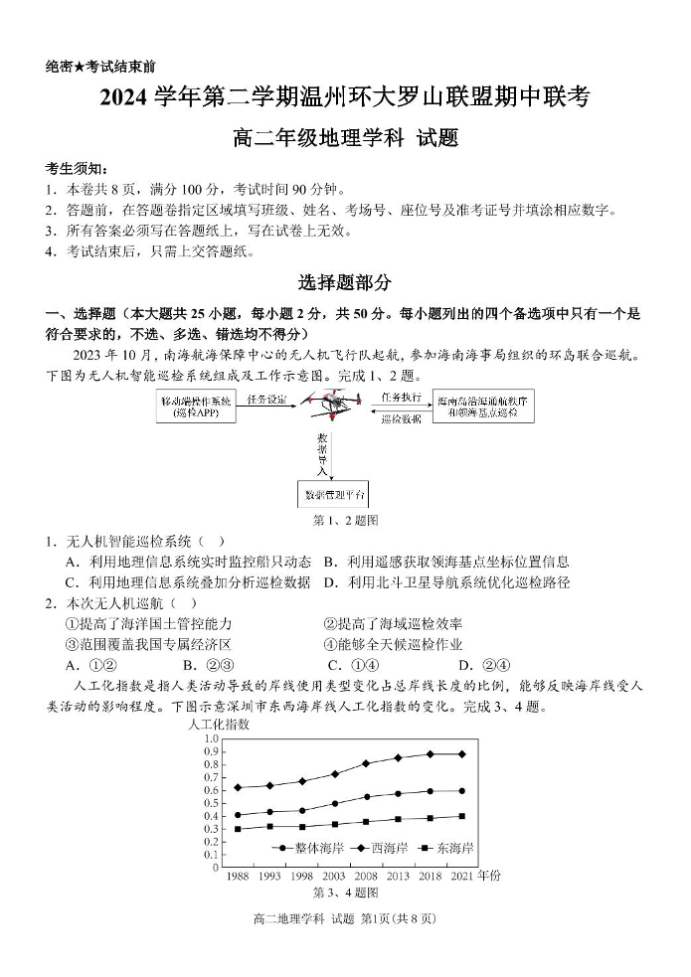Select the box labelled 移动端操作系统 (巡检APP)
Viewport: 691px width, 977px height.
point(195,407)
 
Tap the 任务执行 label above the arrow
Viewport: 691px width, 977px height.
point(400,395)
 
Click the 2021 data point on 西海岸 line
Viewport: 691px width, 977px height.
point(461,754)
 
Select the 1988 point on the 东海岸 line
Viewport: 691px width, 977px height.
point(237,829)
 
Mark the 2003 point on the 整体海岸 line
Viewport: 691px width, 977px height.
point(334,803)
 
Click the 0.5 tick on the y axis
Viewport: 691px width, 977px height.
point(210,803)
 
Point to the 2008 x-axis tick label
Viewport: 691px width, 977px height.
point(366,877)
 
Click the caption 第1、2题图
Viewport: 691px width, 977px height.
point(345,520)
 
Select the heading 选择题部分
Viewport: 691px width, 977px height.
point(345,283)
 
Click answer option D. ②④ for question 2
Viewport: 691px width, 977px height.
point(484,665)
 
